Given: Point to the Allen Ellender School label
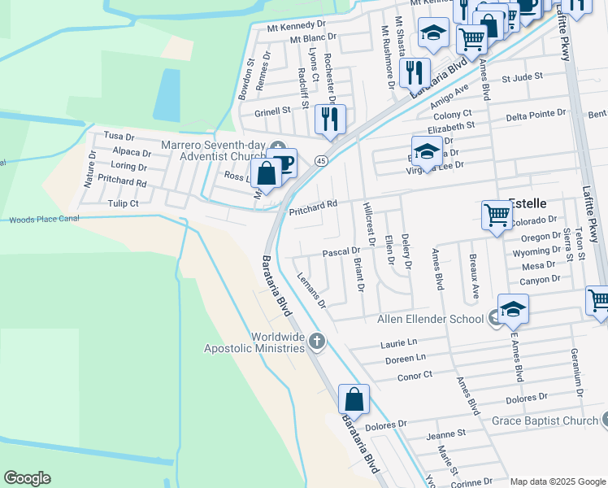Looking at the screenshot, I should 430,318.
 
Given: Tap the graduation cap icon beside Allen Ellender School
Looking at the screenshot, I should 513,309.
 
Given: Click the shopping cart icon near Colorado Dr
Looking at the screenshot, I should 497,216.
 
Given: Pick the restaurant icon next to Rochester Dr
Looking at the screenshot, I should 330,119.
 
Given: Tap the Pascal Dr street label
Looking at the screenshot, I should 341,252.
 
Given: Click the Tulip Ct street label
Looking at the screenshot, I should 124,203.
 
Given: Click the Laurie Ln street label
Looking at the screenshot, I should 398,343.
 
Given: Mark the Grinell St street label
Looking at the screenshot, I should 272,111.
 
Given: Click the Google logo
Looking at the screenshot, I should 27,478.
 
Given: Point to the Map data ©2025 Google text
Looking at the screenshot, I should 557,481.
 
